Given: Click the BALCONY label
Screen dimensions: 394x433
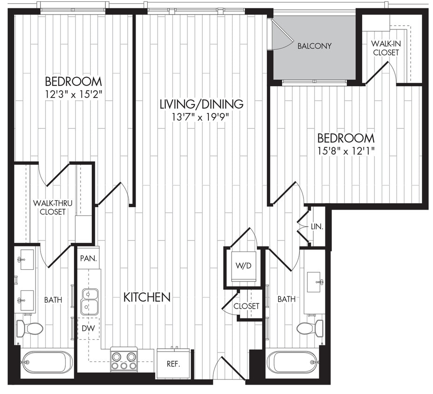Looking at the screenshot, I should (x=314, y=46).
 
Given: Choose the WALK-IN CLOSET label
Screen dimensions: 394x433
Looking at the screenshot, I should (x=385, y=48).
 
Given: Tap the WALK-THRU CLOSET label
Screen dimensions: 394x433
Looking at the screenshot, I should (x=49, y=207).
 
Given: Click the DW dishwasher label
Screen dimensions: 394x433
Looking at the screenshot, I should (x=88, y=328).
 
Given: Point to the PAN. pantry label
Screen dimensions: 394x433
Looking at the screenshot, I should (x=88, y=259).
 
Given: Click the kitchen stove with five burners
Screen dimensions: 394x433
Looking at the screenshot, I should (x=124, y=360).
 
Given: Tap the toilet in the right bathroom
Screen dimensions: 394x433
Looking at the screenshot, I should (x=310, y=328).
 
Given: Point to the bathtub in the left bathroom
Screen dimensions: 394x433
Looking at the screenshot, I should (x=47, y=362).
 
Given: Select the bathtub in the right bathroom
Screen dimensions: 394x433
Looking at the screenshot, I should (x=292, y=362).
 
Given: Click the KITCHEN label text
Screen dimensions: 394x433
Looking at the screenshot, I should (x=146, y=297).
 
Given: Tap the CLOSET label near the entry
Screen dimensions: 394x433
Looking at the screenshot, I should (x=247, y=306).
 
